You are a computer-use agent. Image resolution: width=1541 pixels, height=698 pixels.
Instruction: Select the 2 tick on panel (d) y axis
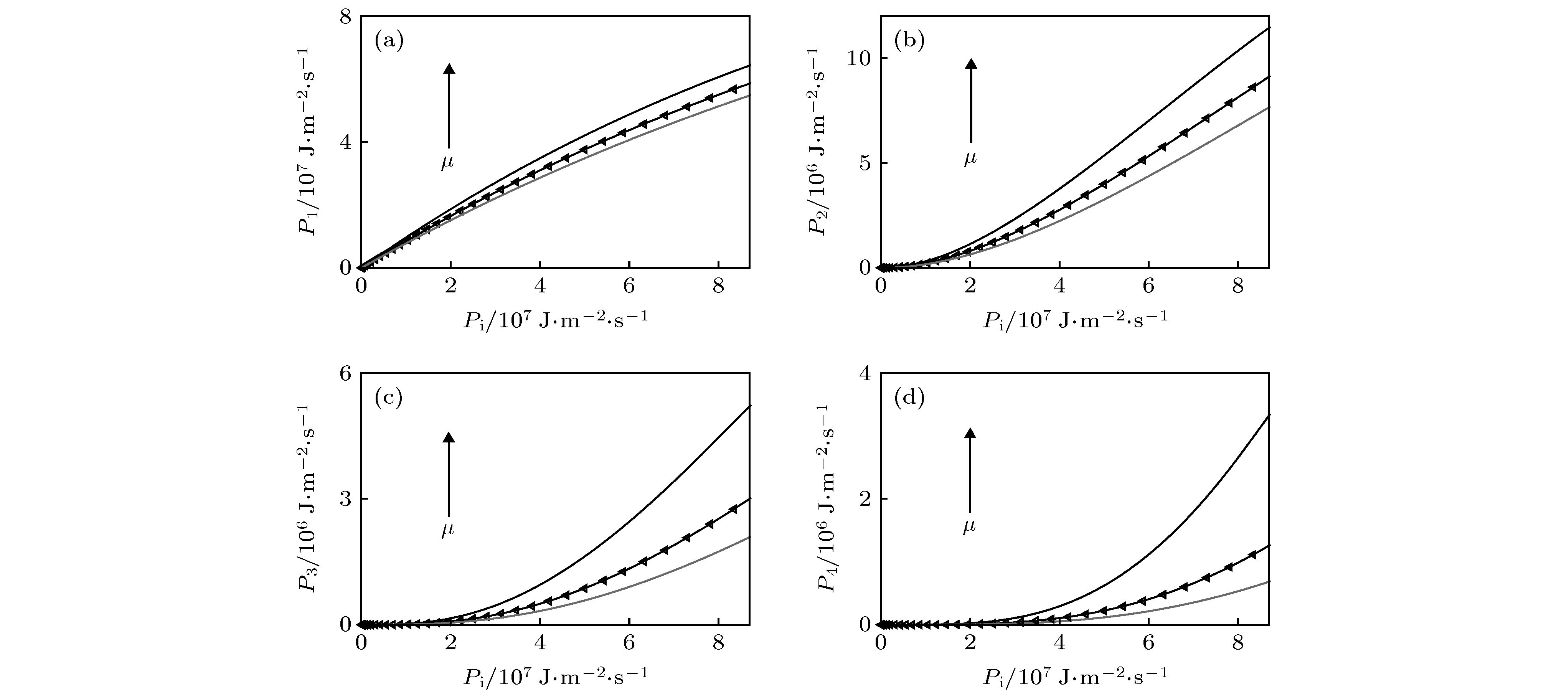[865, 499]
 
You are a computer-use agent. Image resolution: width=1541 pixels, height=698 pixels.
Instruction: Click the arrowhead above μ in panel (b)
[970, 64]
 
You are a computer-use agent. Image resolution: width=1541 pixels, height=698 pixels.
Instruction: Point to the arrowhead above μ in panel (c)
[449, 437]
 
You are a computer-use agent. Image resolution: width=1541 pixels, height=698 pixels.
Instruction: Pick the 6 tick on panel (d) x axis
[1148, 643]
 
